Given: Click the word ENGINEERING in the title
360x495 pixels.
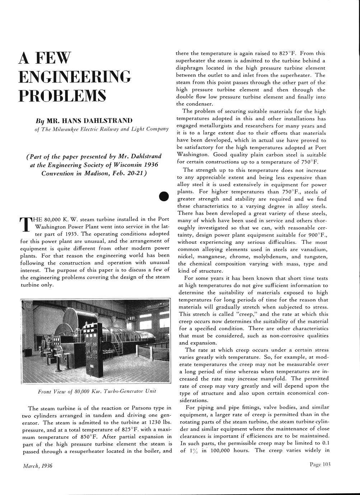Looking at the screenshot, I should point(75,76).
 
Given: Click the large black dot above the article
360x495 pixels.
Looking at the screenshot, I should point(164,197).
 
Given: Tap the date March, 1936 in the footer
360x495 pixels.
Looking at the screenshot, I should point(37,466).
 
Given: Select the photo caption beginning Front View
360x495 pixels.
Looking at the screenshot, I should point(97,391).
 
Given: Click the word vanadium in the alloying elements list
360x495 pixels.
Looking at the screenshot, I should point(314,249).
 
